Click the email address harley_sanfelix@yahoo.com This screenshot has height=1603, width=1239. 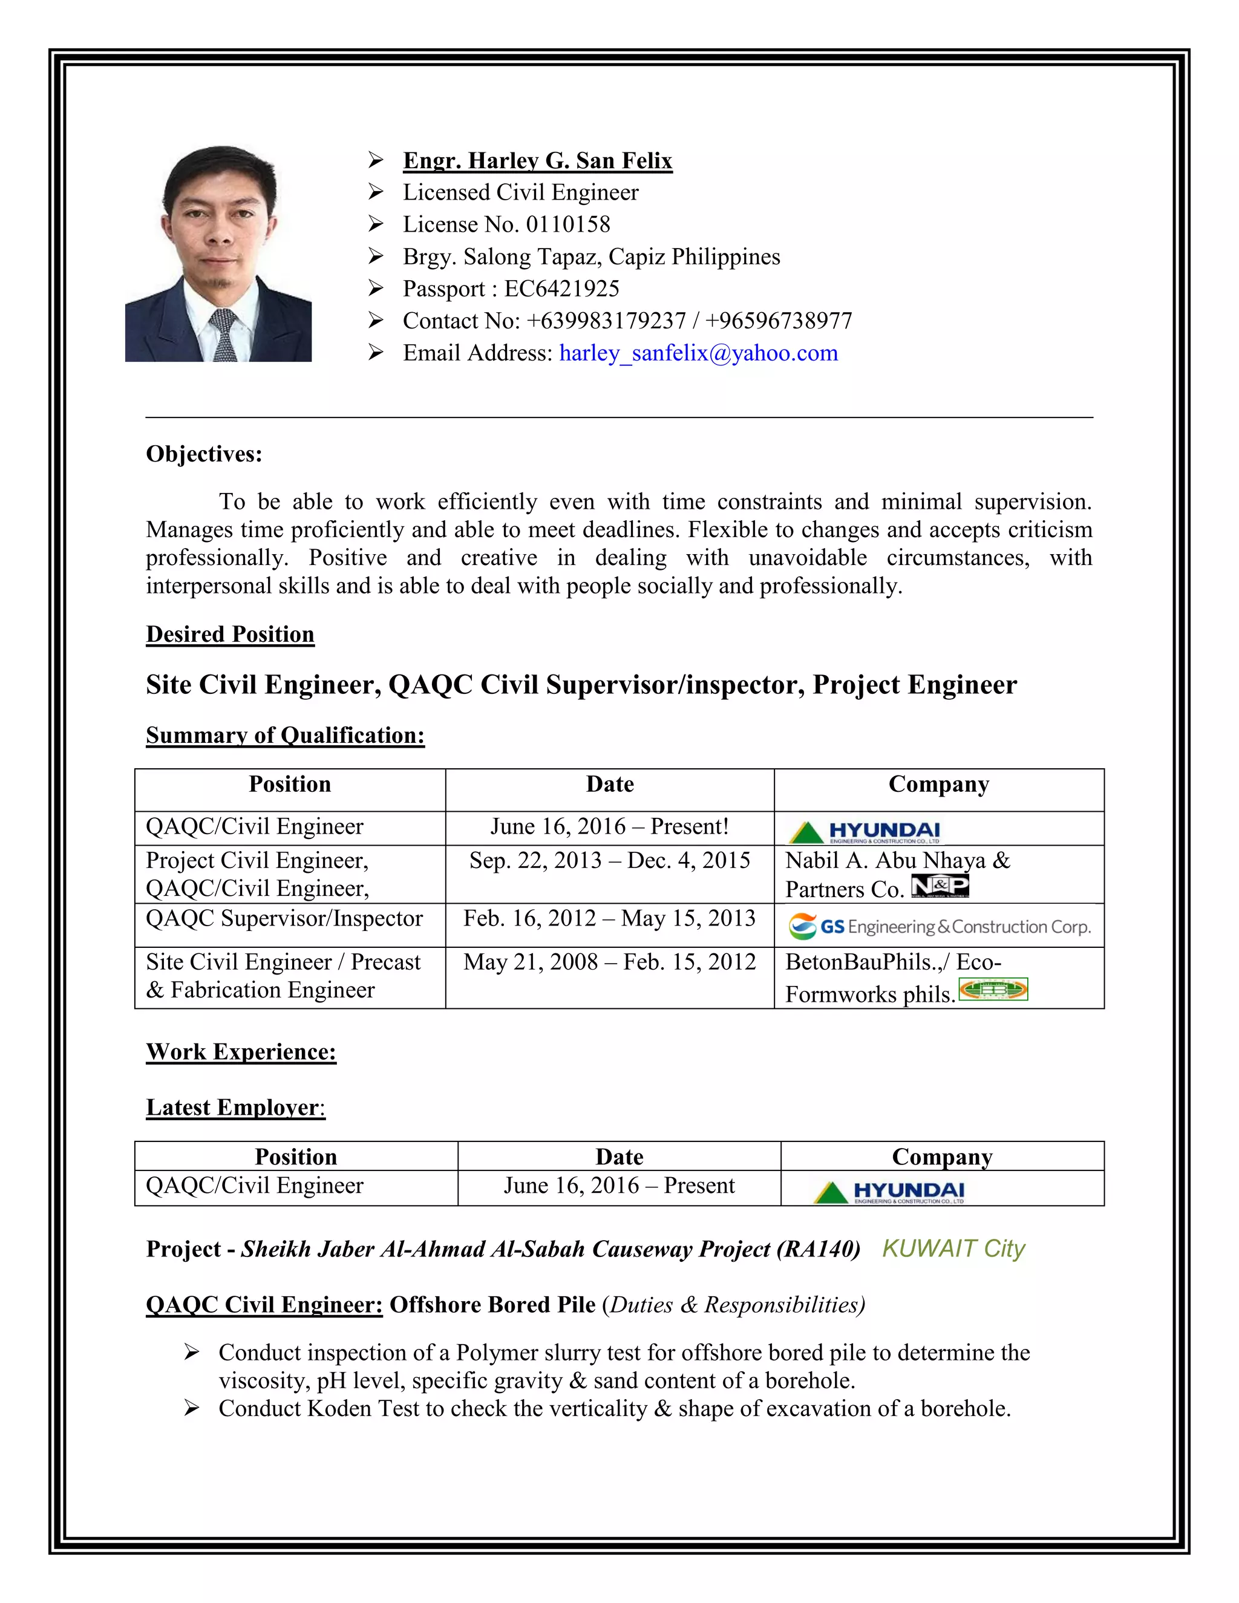[698, 353]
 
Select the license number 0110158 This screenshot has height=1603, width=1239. [567, 224]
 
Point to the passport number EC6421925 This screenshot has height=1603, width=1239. [561, 289]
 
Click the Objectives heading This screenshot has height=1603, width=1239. [204, 454]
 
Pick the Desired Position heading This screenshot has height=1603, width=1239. [230, 634]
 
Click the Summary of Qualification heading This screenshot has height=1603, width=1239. [285, 736]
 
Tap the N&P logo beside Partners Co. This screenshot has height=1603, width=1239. [940, 886]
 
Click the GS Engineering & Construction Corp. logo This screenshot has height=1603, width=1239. [940, 927]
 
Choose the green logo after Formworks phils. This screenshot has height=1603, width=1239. [993, 990]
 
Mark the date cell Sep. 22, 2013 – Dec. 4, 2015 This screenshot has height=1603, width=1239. [609, 860]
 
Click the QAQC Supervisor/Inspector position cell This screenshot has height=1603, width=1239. [284, 919]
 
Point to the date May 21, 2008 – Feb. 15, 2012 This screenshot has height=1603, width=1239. [609, 962]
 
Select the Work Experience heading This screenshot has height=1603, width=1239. [241, 1052]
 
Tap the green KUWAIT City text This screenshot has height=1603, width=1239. [953, 1249]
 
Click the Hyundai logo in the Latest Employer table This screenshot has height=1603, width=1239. [889, 1192]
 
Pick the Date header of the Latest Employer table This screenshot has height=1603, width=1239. [619, 1157]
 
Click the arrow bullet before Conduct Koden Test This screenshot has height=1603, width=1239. [192, 1408]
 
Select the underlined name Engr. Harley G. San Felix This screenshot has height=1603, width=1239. [537, 161]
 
